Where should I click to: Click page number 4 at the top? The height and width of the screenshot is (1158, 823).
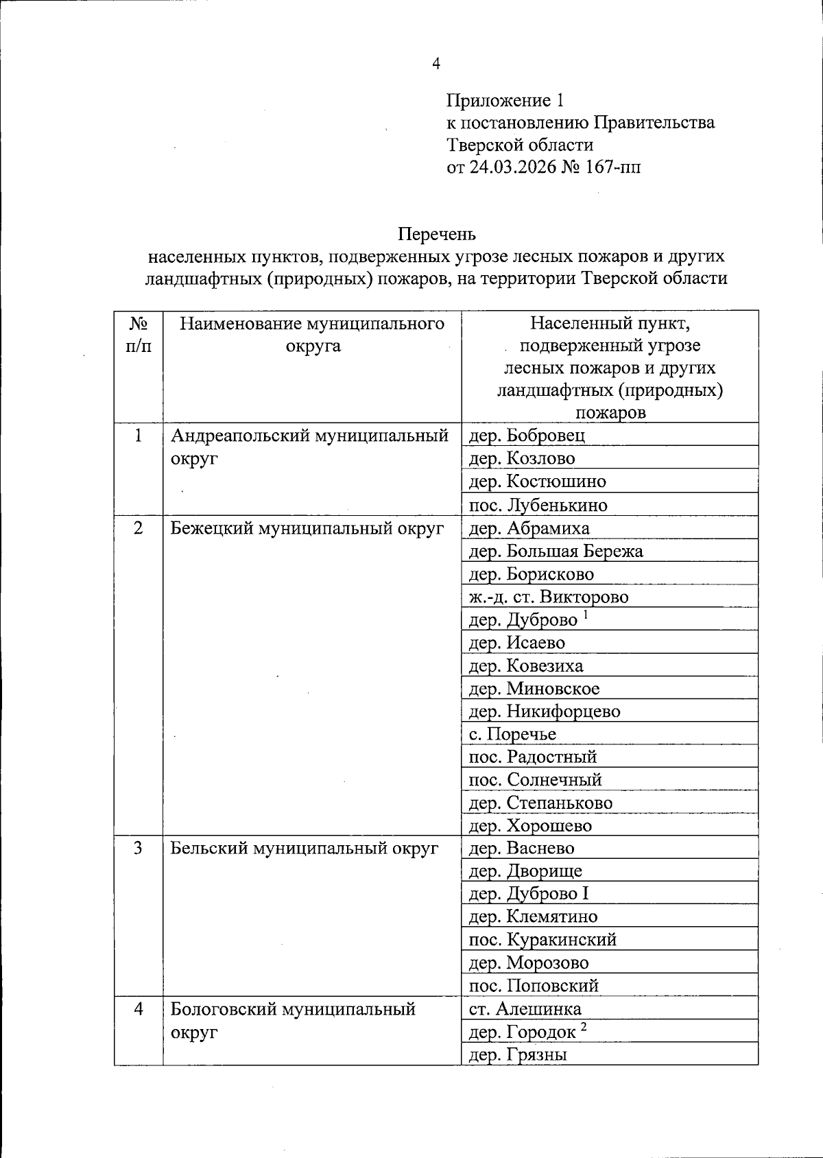click(436, 64)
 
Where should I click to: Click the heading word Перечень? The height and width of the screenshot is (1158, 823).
click(436, 234)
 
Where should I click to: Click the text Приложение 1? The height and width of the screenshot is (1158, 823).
click(505, 101)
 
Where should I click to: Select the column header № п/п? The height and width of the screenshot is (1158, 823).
click(139, 334)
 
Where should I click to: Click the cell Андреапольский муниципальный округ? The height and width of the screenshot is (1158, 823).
click(309, 447)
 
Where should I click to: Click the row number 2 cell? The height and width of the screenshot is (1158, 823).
click(139, 528)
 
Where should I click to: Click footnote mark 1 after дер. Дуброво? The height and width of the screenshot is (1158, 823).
click(586, 615)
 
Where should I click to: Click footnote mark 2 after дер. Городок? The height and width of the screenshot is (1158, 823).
click(584, 1027)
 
